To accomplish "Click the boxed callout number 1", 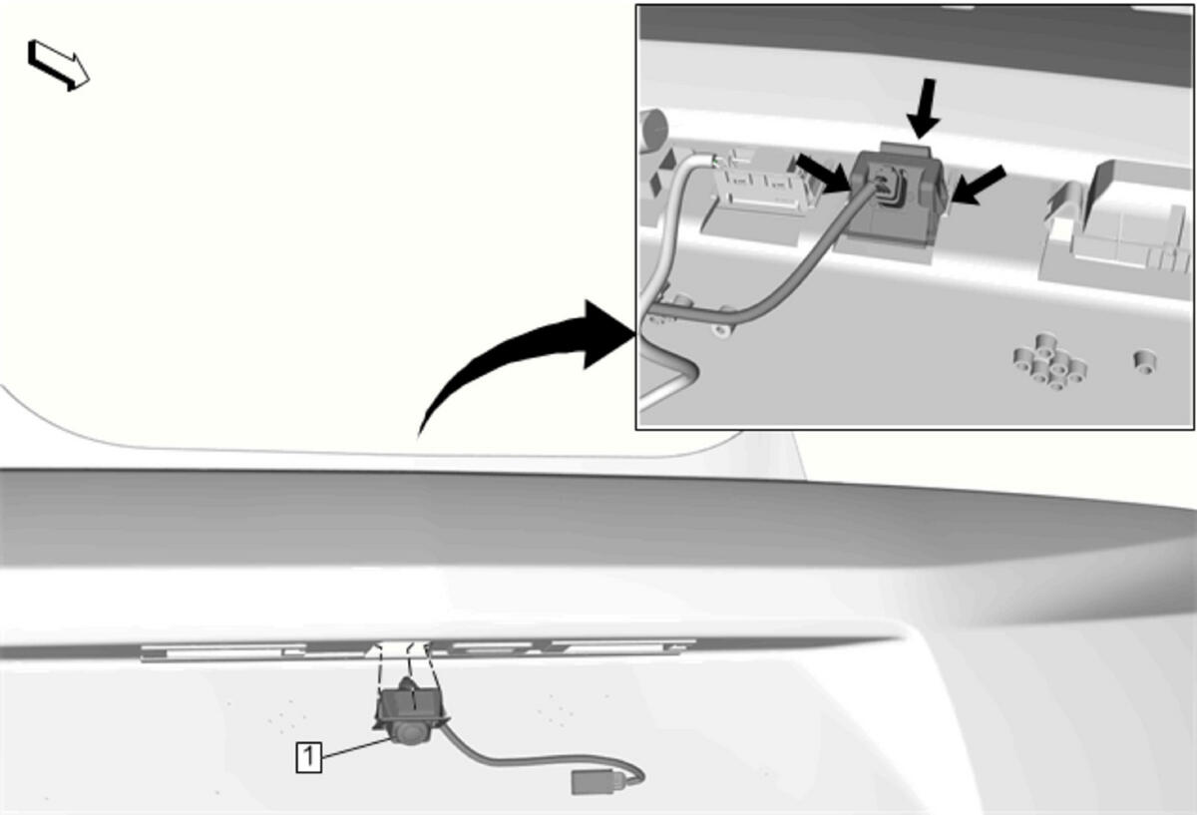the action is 309,757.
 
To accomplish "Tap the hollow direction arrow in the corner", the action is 58,65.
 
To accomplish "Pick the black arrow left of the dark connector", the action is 822,175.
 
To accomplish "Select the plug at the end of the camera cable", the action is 595,782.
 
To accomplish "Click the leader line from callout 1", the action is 357,747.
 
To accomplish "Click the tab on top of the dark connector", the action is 905,149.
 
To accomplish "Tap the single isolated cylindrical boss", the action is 1144,362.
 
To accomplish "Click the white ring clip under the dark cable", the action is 722,327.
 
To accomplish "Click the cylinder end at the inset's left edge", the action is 653,130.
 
